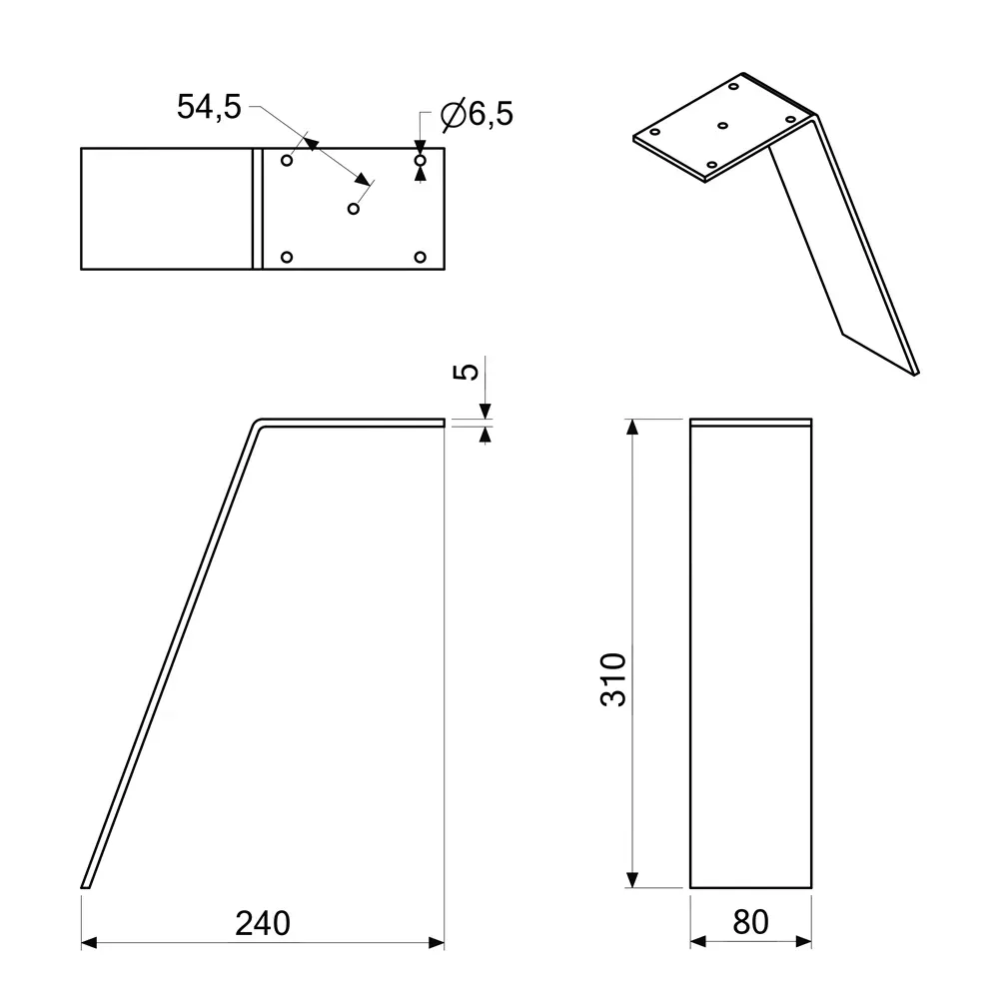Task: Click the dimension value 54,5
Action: (209, 107)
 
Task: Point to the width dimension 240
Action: (263, 923)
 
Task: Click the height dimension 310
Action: (613, 679)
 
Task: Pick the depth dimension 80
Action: (751, 922)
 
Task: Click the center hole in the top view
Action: (353, 208)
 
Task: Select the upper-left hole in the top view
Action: (287, 160)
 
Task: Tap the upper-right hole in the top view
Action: (420, 160)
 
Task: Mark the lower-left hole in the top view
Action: (287, 258)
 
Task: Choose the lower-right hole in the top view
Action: (420, 258)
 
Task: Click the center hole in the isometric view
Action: (723, 126)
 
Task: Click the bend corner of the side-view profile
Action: (258, 424)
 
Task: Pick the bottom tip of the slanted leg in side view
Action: (85, 885)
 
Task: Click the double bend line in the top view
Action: (256, 209)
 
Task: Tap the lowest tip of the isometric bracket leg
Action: (916, 373)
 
